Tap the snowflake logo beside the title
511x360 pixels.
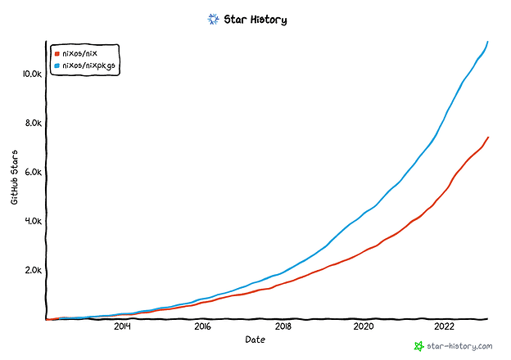[x=214, y=18]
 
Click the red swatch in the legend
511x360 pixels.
[x=57, y=52]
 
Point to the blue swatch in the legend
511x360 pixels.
[x=57, y=63]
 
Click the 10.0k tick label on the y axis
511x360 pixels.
[x=30, y=74]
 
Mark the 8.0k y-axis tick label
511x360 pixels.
[x=31, y=124]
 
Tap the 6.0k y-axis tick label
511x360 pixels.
[x=31, y=173]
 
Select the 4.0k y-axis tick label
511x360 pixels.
[x=31, y=222]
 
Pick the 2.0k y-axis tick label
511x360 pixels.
[x=31, y=271]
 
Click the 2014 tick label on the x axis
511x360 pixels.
[x=122, y=327]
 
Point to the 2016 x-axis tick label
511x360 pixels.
[x=202, y=327]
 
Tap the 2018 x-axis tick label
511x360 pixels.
[x=283, y=327]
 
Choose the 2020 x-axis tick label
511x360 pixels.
[x=364, y=327]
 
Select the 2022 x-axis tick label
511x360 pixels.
[x=444, y=327]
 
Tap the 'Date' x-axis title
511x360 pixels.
[x=255, y=339]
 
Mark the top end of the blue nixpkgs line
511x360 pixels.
[x=488, y=41]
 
